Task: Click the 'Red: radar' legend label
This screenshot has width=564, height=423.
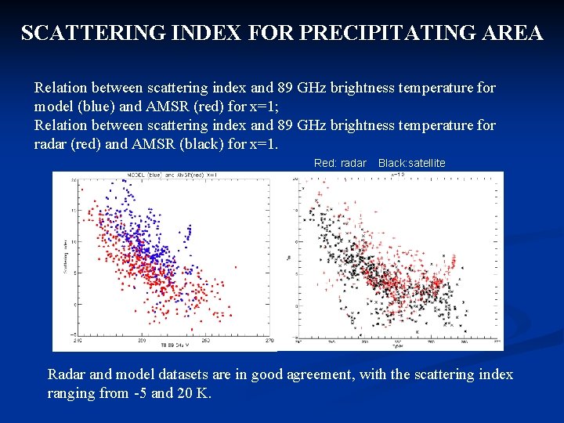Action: coord(340,163)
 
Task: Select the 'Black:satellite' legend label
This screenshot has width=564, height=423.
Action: coord(411,163)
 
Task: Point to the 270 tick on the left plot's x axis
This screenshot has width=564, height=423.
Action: coord(269,341)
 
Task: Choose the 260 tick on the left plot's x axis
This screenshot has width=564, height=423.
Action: coord(205,341)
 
